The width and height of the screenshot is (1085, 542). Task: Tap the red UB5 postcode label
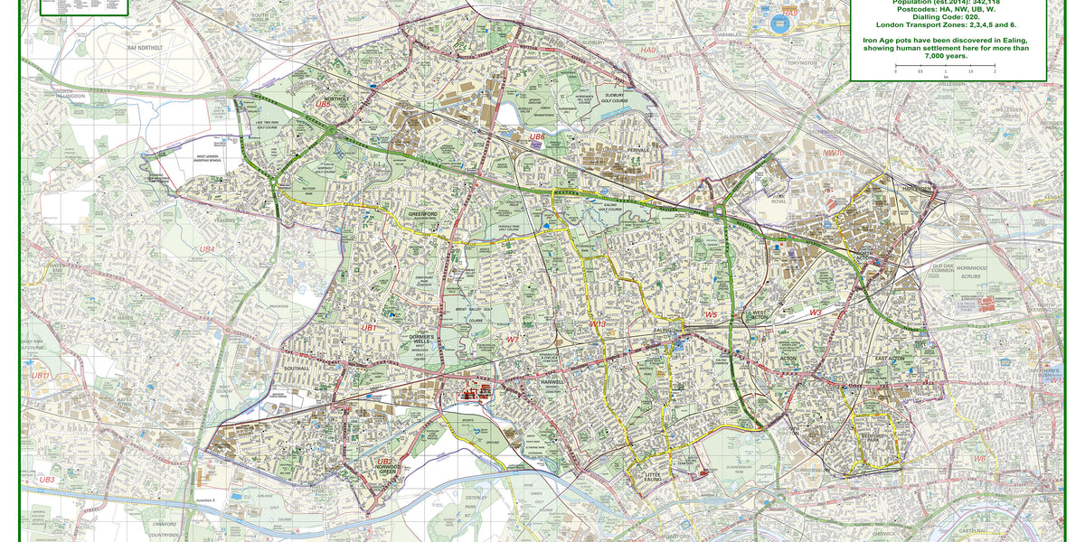tap(323, 104)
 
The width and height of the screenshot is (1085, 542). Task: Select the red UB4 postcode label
tap(207, 248)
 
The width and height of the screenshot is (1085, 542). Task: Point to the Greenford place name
tap(422, 215)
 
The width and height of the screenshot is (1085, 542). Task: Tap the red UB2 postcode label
tap(385, 462)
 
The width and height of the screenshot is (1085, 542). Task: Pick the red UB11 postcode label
tap(41, 375)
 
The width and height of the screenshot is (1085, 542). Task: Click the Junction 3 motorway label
tap(205, 500)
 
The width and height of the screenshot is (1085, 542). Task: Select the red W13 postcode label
tap(598, 323)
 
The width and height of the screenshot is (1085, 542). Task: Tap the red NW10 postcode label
tap(833, 154)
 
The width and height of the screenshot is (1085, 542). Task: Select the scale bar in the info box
tap(945, 66)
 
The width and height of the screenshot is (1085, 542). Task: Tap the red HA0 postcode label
tap(649, 51)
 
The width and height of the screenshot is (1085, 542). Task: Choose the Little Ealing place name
tap(653, 475)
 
